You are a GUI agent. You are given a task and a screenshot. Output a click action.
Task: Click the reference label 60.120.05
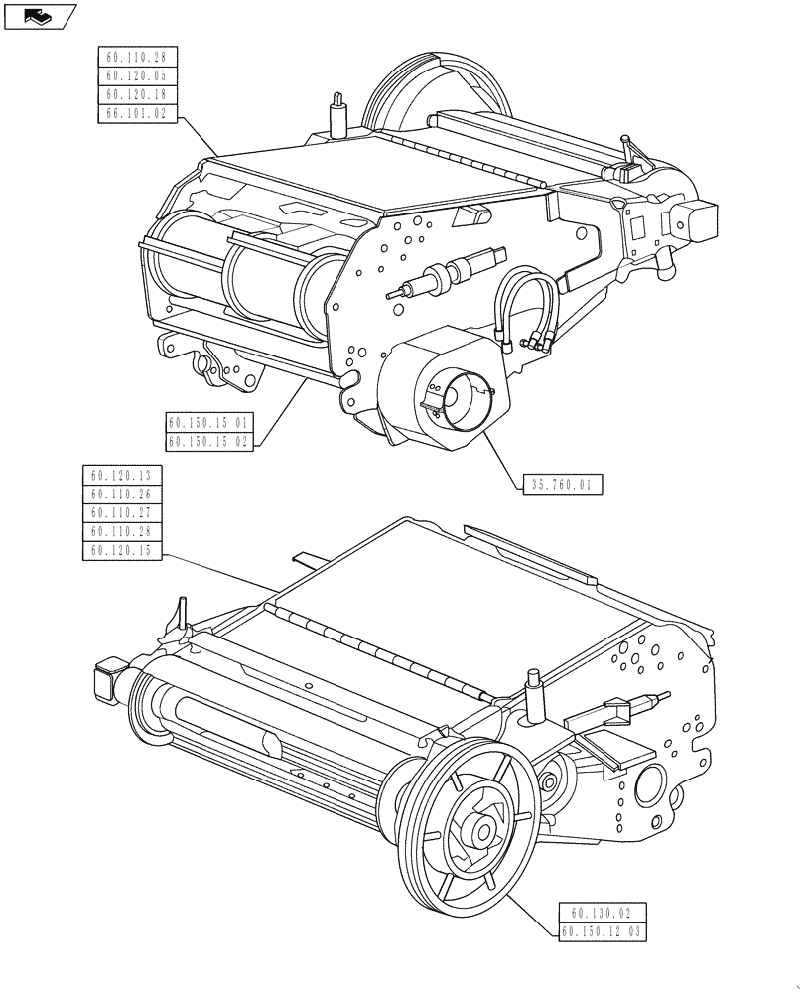[x=137, y=76]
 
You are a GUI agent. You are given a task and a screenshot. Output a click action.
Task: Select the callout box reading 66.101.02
[x=137, y=115]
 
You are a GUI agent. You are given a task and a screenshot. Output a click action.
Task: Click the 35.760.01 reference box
[x=562, y=485]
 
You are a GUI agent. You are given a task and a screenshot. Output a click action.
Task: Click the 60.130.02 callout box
[x=603, y=913]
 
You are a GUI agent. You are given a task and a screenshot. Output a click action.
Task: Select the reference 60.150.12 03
[x=603, y=932]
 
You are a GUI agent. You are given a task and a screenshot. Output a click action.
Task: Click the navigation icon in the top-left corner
[x=39, y=16]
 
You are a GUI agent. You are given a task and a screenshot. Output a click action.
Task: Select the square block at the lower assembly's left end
[x=105, y=680]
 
